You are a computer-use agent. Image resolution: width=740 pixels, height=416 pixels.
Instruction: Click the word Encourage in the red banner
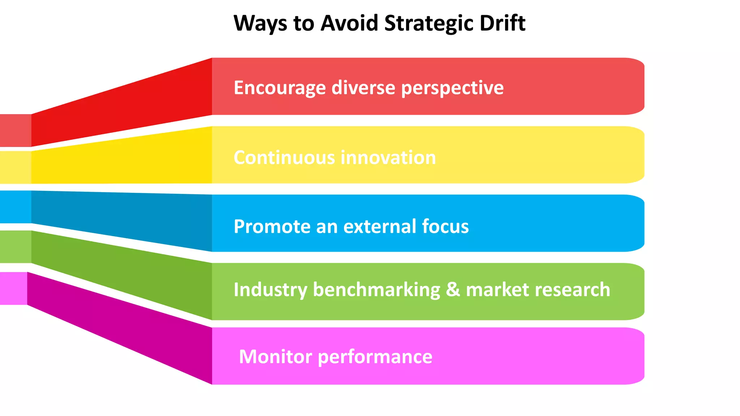280,88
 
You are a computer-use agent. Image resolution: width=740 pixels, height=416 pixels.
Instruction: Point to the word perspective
452,88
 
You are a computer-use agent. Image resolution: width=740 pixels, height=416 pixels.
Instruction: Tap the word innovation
388,157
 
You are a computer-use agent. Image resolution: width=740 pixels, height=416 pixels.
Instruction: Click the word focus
445,227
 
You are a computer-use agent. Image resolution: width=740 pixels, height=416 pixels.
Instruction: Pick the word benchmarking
377,290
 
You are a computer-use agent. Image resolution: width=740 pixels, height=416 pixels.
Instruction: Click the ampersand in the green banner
453,290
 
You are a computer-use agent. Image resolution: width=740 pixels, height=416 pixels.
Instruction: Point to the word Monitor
275,357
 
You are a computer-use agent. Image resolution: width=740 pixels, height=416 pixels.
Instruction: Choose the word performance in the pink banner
375,357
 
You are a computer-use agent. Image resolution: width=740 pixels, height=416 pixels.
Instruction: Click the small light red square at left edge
15,130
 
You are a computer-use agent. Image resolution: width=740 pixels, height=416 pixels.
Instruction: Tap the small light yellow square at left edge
15,168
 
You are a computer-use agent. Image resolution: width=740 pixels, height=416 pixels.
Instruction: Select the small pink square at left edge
13,288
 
